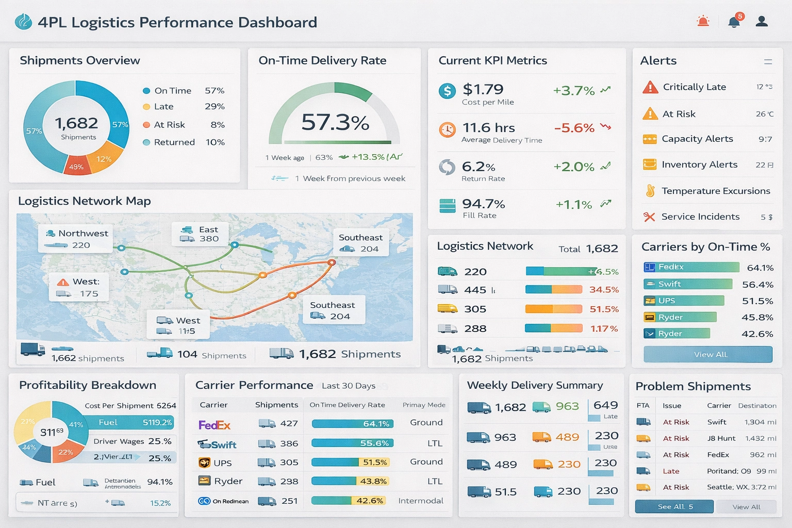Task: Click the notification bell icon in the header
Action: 734,22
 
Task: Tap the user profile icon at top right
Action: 762,21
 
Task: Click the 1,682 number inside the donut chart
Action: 76,123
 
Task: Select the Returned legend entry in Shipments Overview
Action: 174,142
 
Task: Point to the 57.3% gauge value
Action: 335,123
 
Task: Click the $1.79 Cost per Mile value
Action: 483,90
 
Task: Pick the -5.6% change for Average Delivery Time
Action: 574,128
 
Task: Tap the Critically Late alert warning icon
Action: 650,87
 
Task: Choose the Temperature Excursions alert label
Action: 716,191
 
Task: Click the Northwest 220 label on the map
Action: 76,239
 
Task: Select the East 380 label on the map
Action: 201,234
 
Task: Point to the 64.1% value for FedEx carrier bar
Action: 760,268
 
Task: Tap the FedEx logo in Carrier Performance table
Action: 214,425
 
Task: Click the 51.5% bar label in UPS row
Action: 375,463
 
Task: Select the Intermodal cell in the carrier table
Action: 420,501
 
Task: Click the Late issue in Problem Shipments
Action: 671,471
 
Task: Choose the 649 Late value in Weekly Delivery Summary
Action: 606,406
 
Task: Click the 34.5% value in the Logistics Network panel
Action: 604,290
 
